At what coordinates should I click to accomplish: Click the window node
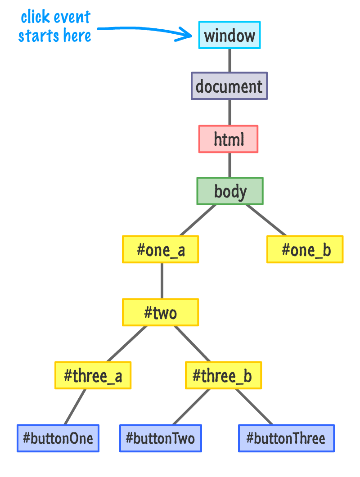229,35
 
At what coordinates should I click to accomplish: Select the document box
229,86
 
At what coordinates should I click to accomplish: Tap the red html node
229,139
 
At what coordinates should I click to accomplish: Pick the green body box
230,191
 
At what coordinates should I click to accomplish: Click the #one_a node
161,249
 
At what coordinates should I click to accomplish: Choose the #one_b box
305,249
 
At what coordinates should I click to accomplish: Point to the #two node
160,312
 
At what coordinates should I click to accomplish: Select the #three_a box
93,375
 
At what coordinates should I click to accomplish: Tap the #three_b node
223,375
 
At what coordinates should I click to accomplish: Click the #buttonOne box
58,438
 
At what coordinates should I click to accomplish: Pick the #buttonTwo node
161,438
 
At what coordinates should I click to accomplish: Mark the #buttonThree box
287,438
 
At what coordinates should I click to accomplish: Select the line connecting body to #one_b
265,220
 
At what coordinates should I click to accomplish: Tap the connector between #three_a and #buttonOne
75,407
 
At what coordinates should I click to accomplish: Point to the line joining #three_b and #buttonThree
254,407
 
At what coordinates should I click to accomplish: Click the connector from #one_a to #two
162,281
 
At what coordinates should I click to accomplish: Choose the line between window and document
229,60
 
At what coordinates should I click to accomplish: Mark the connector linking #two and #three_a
127,344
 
